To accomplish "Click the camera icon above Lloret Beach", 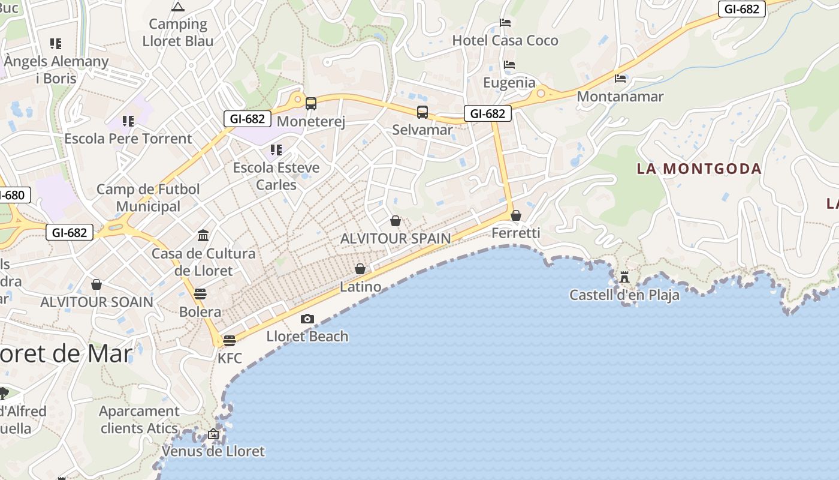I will click(x=307, y=319).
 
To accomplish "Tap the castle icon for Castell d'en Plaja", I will click(x=624, y=277).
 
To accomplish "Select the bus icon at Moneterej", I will click(x=310, y=103).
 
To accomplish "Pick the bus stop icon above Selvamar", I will click(x=422, y=112).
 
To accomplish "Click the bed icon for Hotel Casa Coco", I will click(x=505, y=23).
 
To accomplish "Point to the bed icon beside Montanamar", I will click(x=620, y=78).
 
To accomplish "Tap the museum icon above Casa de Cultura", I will click(x=203, y=235).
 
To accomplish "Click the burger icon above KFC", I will click(x=229, y=341).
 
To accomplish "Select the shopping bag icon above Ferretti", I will click(x=516, y=215).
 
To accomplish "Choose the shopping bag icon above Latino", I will click(x=360, y=269).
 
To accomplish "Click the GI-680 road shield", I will click(x=12, y=195).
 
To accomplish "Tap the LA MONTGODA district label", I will click(x=699, y=169).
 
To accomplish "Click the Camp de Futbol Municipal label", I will click(x=148, y=197).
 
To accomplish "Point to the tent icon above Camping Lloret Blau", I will click(x=177, y=7).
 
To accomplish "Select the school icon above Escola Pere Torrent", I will click(x=128, y=121).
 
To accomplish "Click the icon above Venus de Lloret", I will click(x=213, y=433).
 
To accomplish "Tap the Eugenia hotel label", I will click(x=509, y=83).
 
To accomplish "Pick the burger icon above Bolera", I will click(x=200, y=294).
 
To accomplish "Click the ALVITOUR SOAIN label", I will click(x=97, y=302).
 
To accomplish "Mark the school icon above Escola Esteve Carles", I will click(x=276, y=149).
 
